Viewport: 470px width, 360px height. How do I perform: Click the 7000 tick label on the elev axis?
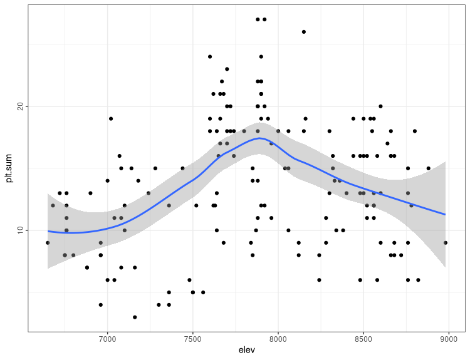(x=107, y=340)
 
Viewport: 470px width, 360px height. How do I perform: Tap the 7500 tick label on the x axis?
(x=192, y=340)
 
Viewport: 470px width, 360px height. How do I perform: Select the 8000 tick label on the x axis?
(x=278, y=340)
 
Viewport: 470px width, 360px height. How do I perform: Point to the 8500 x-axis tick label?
(x=363, y=340)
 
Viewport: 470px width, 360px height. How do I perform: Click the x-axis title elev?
(x=247, y=351)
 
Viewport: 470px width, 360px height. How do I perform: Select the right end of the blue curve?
(x=445, y=214)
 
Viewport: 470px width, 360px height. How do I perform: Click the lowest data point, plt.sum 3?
(x=135, y=317)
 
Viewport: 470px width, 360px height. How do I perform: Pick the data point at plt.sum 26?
(x=304, y=32)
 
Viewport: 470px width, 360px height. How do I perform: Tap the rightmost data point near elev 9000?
(x=445, y=243)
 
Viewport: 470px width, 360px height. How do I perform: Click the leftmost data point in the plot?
(x=48, y=243)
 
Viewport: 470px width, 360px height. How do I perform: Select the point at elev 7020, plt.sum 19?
(x=111, y=118)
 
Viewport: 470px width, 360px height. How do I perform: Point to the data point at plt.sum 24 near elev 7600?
(x=210, y=56)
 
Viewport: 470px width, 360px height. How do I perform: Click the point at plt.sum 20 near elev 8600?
(x=380, y=106)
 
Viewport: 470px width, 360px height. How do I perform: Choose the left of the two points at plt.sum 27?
(x=258, y=19)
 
